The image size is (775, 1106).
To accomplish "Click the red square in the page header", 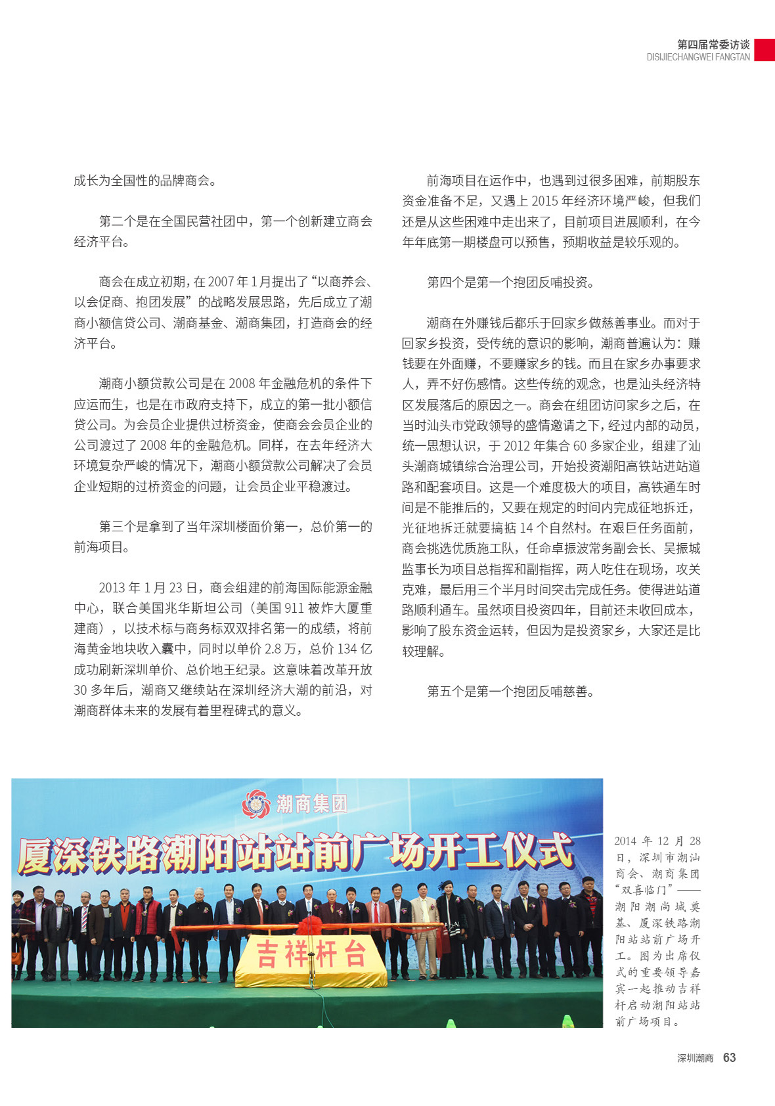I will tap(764, 50).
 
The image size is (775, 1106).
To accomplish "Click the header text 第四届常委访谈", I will tap(713, 45).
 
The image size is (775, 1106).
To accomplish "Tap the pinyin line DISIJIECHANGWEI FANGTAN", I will tap(697, 57).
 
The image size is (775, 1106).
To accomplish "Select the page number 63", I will tap(729, 1057).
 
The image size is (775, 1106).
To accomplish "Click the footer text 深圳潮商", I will tap(695, 1058).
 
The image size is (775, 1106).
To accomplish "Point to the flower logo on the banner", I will tap(256, 804).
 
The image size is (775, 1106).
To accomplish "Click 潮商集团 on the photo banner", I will tap(312, 803).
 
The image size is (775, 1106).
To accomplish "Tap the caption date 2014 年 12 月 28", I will tap(657, 841).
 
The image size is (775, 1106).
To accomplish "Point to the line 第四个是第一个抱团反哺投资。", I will tap(510, 282).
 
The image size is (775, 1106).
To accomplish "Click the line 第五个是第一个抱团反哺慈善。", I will tap(510, 691).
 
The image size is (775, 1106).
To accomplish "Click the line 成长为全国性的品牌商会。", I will tap(145, 181).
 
